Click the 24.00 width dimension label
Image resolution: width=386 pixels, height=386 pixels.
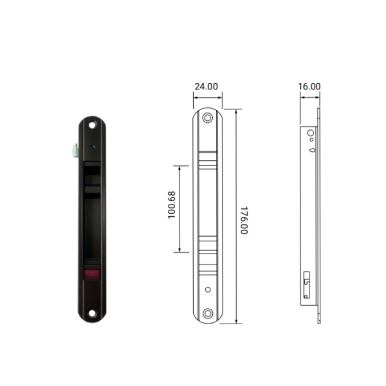click(x=207, y=87)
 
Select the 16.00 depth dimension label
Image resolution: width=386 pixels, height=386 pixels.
click(x=309, y=86)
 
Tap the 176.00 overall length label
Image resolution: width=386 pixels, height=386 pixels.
click(x=244, y=220)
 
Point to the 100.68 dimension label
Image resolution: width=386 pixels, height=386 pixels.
click(x=172, y=205)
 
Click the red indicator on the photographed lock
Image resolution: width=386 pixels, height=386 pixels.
click(x=92, y=273)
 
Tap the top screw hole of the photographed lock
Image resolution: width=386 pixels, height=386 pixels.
click(x=92, y=125)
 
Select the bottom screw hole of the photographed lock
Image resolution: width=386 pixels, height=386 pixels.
click(x=92, y=313)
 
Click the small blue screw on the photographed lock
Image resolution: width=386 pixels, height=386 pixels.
click(x=92, y=147)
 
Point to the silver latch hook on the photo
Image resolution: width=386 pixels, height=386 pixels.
click(x=75, y=149)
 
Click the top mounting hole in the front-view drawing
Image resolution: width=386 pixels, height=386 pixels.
click(x=208, y=118)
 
